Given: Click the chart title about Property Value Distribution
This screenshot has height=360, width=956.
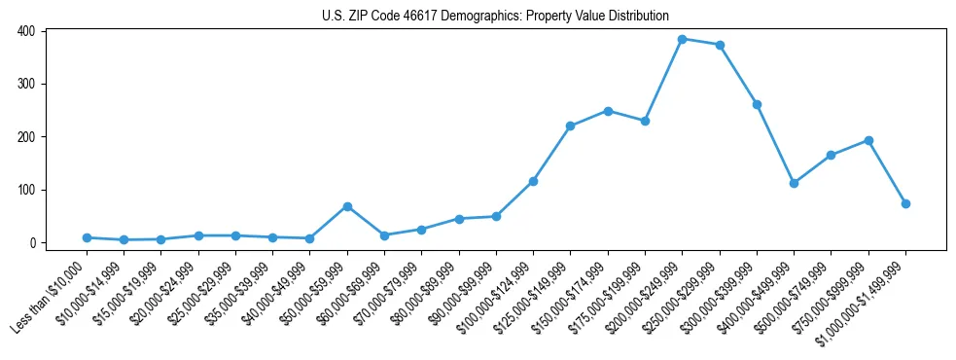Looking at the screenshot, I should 495,16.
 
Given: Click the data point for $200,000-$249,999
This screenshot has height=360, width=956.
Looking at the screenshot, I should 683,39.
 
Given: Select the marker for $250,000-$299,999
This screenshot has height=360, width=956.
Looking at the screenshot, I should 720,45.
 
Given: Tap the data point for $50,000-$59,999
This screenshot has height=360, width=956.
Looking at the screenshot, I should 347,206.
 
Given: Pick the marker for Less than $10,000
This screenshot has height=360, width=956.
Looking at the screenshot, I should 87,237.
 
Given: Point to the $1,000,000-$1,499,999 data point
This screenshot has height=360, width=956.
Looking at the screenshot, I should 905,203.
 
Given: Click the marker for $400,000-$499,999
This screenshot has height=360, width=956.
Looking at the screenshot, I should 794,183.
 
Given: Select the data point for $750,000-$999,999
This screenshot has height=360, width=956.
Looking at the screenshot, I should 868,140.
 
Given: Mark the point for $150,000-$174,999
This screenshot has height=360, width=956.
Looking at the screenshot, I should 608,111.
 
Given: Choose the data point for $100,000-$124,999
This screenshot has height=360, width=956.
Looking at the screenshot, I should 533,181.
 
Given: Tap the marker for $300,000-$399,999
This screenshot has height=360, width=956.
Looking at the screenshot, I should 757,104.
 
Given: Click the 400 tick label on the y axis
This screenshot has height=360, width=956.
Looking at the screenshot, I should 26,31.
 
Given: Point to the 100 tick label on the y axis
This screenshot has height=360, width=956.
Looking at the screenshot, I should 26,190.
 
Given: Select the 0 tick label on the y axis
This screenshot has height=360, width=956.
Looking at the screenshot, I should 32,242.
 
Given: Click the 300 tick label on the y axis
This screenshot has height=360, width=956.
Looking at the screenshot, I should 26,84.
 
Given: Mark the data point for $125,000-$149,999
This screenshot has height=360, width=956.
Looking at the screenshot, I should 571,126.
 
